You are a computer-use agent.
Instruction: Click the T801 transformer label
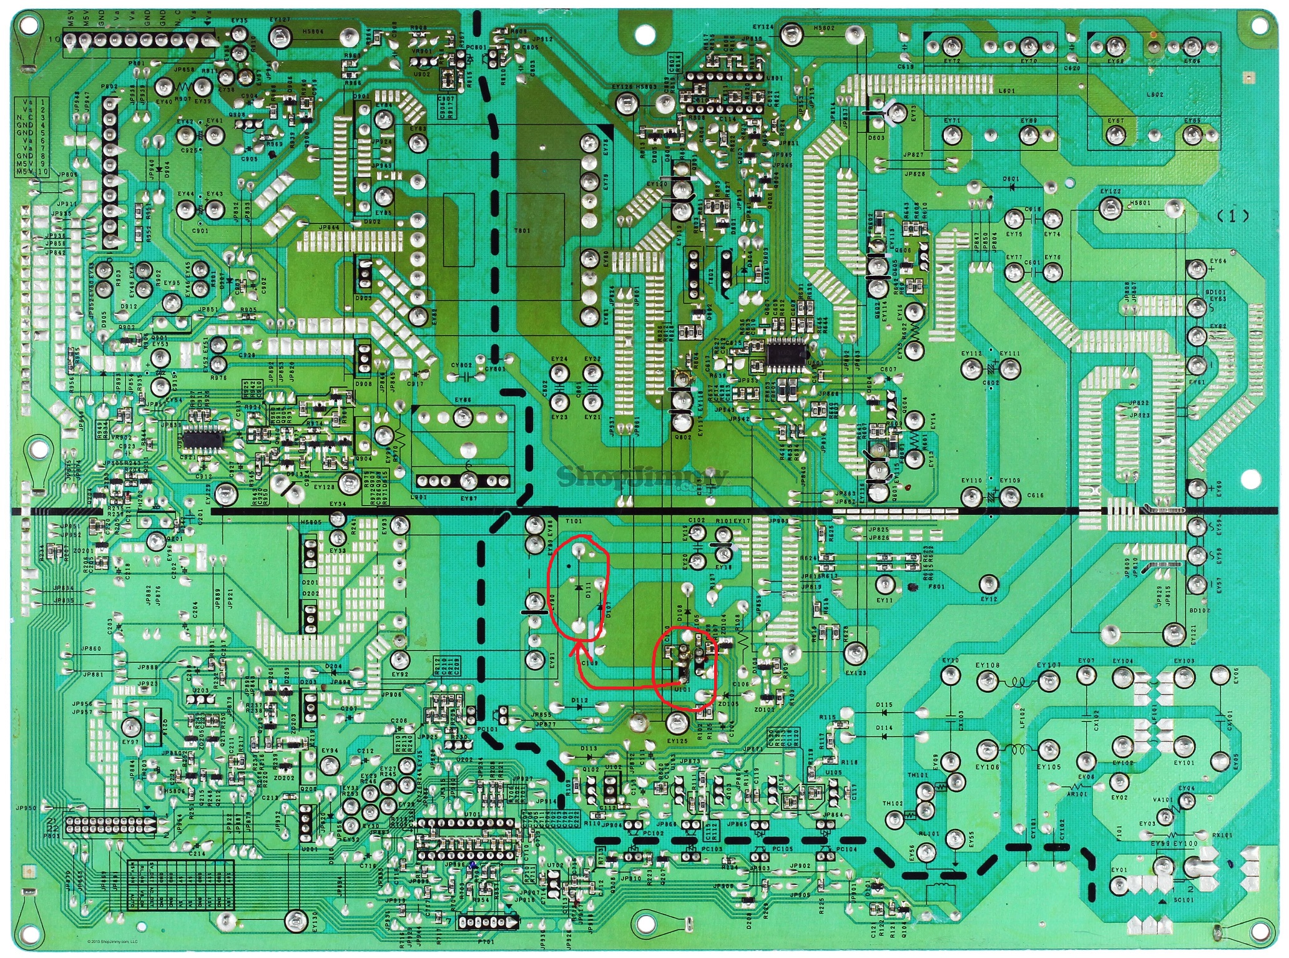[x=522, y=230]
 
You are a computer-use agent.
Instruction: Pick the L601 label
[x=1007, y=90]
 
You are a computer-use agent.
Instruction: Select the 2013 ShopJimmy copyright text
[x=112, y=942]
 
